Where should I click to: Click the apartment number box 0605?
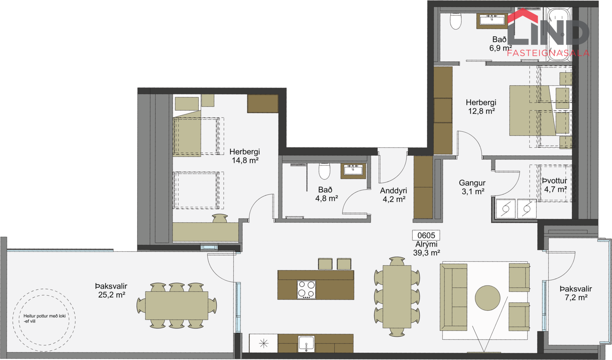[426, 235]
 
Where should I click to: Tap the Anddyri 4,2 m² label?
[394, 195]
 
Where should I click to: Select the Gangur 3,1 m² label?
[472, 187]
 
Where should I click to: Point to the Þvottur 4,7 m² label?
[555, 185]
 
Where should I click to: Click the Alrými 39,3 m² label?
[426, 248]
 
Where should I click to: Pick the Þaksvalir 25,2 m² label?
[111, 290]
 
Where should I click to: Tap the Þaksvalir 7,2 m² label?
[576, 293]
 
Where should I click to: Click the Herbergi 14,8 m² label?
[245, 156]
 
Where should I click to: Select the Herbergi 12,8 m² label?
[481, 107]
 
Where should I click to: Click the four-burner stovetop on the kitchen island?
[306, 290]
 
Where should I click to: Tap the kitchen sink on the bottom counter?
[306, 344]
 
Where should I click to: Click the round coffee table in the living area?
[487, 298]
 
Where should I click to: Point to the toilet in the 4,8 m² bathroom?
[324, 171]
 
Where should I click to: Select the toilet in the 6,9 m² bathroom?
[456, 21]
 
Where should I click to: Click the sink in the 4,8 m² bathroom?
[353, 171]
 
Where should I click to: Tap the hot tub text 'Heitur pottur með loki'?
[44, 316]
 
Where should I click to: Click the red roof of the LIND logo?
[522, 16]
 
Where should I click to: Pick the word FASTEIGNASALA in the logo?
[548, 53]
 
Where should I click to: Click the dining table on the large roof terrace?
[176, 305]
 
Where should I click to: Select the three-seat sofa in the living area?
[453, 297]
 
